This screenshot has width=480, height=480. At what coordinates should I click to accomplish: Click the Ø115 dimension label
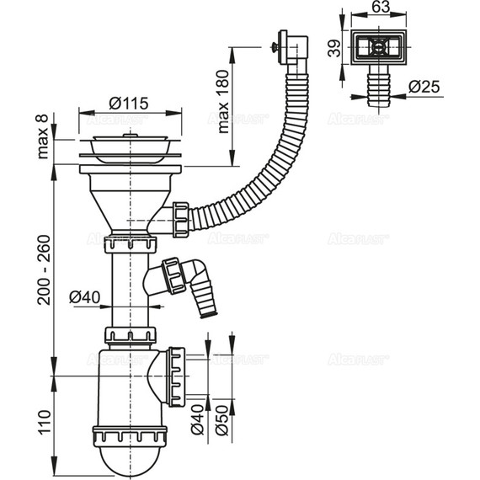coord(129,103)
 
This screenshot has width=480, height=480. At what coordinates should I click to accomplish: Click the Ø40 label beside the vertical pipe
coord(85,296)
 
